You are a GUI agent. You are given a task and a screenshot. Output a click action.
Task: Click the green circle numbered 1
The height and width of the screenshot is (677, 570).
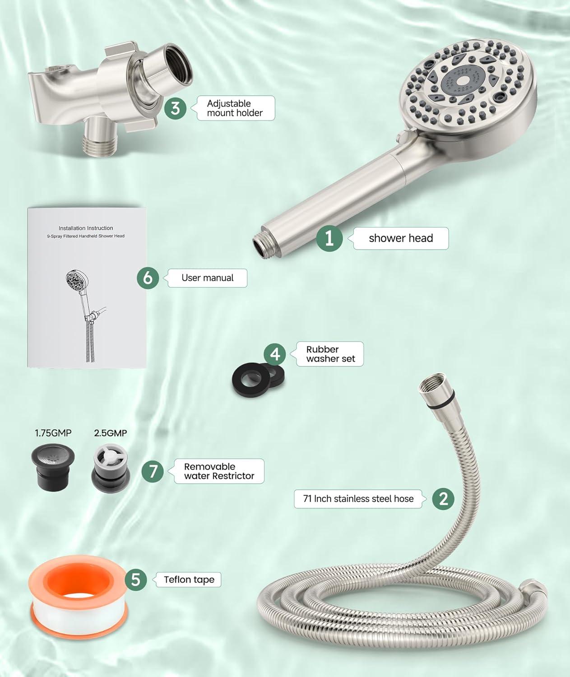(x=329, y=238)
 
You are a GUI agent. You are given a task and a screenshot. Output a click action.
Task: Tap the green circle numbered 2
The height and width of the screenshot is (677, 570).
(x=443, y=498)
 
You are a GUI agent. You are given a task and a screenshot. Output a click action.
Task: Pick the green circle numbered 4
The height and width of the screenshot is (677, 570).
(x=275, y=354)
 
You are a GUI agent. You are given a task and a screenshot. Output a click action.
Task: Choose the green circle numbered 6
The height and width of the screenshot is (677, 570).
(x=148, y=278)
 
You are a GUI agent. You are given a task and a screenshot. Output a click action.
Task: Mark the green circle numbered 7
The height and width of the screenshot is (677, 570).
(x=153, y=471)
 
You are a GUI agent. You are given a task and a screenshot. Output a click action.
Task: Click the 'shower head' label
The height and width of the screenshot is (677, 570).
(x=400, y=238)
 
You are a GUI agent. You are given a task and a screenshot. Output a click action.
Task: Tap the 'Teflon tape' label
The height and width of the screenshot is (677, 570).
(x=189, y=580)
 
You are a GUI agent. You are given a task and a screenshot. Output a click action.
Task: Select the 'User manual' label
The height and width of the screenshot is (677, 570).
(x=207, y=278)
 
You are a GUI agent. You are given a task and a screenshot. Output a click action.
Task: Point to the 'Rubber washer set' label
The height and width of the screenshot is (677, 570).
(x=330, y=354)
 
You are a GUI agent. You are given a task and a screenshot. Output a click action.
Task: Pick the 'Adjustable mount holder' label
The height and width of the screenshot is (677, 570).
(x=235, y=108)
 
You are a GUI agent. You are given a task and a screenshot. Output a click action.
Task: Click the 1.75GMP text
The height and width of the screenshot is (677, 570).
(x=53, y=433)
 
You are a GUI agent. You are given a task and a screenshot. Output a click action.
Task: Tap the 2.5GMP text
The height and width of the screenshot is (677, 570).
(x=110, y=433)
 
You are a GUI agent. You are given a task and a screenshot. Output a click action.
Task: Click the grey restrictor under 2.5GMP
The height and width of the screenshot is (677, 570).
(x=109, y=467)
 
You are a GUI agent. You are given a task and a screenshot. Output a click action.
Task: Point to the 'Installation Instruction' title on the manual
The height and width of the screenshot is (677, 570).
(x=86, y=228)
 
